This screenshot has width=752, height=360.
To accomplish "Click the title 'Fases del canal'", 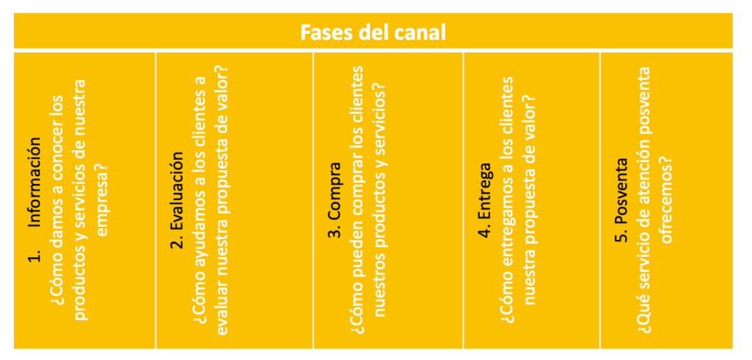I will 373,33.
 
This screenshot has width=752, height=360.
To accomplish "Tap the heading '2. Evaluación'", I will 177,200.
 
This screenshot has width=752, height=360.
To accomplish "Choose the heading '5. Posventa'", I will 622,200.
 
